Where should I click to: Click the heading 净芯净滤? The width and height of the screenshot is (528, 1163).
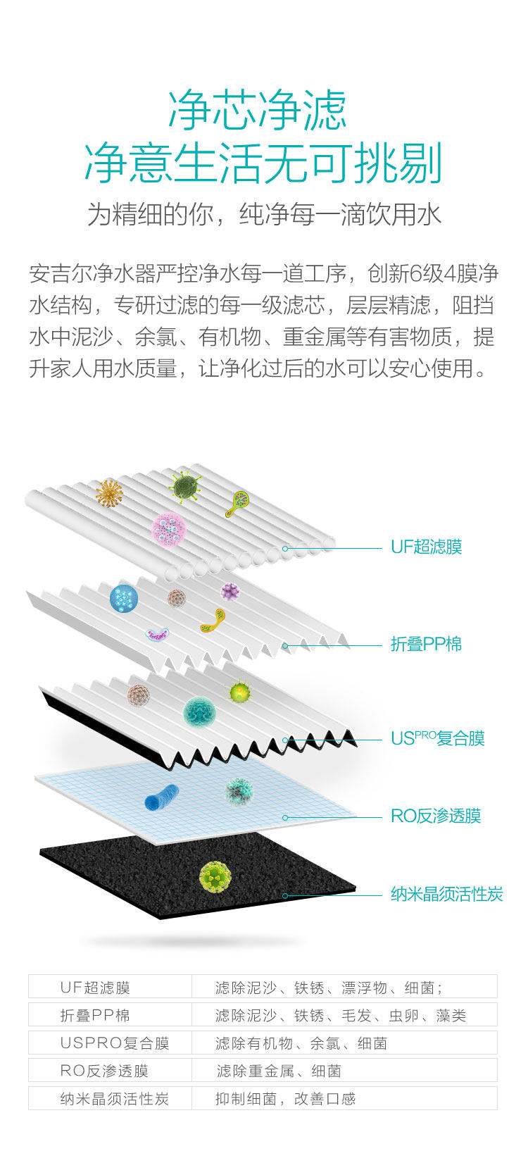pyautogui.click(x=258, y=111)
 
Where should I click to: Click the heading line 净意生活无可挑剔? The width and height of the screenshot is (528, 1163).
pyautogui.click(x=263, y=163)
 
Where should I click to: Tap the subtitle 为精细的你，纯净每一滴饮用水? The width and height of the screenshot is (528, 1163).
pyautogui.click(x=264, y=214)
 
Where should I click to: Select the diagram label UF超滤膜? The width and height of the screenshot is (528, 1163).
pyautogui.click(x=426, y=547)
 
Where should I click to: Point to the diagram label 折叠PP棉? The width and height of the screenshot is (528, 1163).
pyautogui.click(x=426, y=644)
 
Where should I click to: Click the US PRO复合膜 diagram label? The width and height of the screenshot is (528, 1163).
pyautogui.click(x=437, y=738)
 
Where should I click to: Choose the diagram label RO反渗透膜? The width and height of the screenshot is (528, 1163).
pyautogui.click(x=436, y=816)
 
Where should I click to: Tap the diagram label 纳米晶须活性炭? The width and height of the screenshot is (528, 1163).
pyautogui.click(x=446, y=895)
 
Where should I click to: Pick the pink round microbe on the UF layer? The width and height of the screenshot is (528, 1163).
pyautogui.click(x=169, y=528)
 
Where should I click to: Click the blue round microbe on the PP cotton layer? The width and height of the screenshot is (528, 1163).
pyautogui.click(x=124, y=599)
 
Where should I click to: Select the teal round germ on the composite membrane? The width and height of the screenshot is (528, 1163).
pyautogui.click(x=199, y=712)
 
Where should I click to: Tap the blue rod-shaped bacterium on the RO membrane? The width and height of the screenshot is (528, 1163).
pyautogui.click(x=161, y=796)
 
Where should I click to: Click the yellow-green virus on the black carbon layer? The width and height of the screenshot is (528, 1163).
pyautogui.click(x=215, y=876)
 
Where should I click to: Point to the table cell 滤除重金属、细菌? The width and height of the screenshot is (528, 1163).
pyautogui.click(x=279, y=1071)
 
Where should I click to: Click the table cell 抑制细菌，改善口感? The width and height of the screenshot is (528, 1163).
pyautogui.click(x=285, y=1099)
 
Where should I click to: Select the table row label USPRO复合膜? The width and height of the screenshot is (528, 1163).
pyautogui.click(x=115, y=1043)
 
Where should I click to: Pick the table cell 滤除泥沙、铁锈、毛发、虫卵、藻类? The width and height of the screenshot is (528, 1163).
pyautogui.click(x=341, y=1016)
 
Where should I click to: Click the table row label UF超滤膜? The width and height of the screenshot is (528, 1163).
pyautogui.click(x=95, y=988)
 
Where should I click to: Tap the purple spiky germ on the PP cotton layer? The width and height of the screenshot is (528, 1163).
pyautogui.click(x=230, y=591)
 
